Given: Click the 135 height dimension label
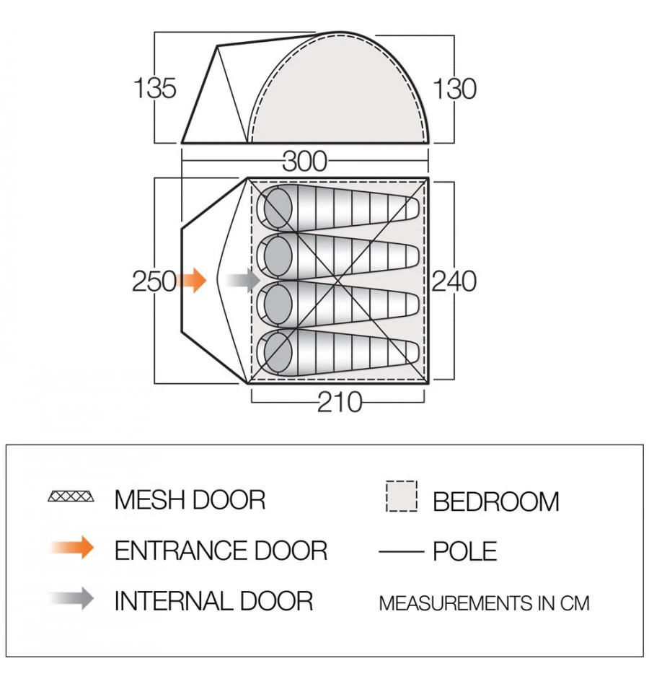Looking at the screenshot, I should (x=154, y=88).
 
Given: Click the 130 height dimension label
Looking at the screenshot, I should (x=454, y=89).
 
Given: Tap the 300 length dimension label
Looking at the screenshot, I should (x=304, y=161).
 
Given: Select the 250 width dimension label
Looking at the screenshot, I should (x=154, y=281).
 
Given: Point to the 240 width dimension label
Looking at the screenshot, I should (x=454, y=281).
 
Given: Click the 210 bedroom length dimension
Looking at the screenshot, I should (x=340, y=402).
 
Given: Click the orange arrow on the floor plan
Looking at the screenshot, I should (x=191, y=280).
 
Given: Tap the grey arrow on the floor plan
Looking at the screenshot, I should (x=242, y=280).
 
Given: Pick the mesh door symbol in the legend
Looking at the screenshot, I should (x=71, y=497).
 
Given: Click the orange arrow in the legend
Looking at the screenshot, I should (x=74, y=548).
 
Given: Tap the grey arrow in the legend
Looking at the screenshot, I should (x=74, y=598).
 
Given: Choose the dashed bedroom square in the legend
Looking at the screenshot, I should (x=401, y=497).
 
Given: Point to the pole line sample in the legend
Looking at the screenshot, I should (x=400, y=552).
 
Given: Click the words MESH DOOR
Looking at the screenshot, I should (x=190, y=499).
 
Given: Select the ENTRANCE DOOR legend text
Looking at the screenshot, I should (x=221, y=551).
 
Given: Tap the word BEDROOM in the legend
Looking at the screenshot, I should (x=495, y=502).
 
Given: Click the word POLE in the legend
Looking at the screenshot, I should (x=465, y=552).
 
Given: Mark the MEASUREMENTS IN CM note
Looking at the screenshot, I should (x=484, y=603).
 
